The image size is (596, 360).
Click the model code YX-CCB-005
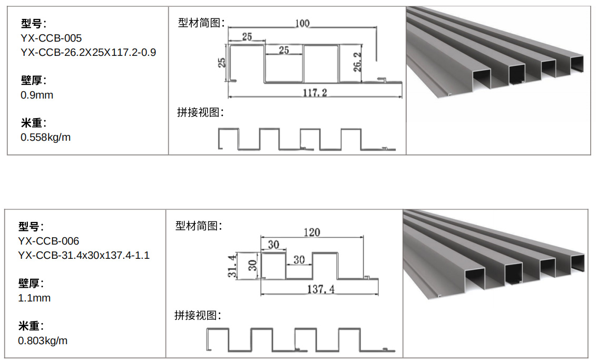click(51, 38)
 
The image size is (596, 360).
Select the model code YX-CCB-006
click(48, 241)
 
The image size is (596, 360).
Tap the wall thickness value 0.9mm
click(37, 95)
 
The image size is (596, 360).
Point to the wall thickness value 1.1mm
click(34, 298)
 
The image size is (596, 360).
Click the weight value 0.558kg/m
click(46, 137)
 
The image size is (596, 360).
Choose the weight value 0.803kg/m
click(43, 340)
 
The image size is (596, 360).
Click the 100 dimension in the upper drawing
click(302, 23)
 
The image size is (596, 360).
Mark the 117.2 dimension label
click(315, 92)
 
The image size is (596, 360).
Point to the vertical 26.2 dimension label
click(357, 62)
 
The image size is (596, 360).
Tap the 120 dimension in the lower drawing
click(311, 232)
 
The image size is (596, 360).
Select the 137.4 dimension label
click(321, 289)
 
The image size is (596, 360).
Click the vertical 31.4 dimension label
click(232, 266)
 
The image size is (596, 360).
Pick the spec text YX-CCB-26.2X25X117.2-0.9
click(88, 53)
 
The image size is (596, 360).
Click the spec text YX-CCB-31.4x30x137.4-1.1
click(84, 256)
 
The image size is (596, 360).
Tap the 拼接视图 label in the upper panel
click(200, 112)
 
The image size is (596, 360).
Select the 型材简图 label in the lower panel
click(198, 226)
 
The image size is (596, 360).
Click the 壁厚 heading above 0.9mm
click(33, 81)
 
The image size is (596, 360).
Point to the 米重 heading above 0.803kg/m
click(31, 326)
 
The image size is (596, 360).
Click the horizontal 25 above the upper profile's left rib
click(247, 36)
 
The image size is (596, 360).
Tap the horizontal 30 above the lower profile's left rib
click(273, 245)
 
